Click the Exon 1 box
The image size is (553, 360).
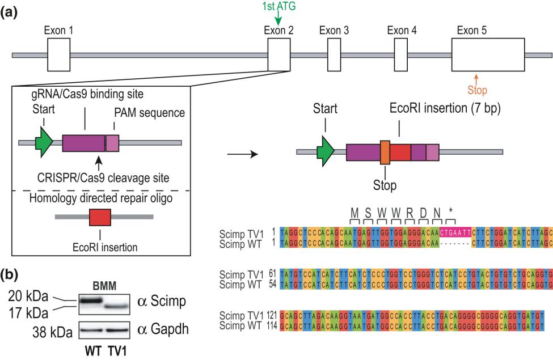pyautogui.click(x=58, y=55)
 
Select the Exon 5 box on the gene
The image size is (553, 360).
pyautogui.click(x=488, y=55)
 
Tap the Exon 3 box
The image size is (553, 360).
pyautogui.click(x=330, y=55)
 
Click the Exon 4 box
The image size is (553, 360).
pyautogui.click(x=401, y=55)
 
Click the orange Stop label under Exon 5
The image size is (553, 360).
pyautogui.click(x=476, y=90)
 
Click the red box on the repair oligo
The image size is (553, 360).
pyautogui.click(x=100, y=217)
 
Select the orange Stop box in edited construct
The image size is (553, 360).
pyautogui.click(x=385, y=153)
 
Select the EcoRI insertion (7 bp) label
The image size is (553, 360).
pyautogui.click(x=444, y=108)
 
